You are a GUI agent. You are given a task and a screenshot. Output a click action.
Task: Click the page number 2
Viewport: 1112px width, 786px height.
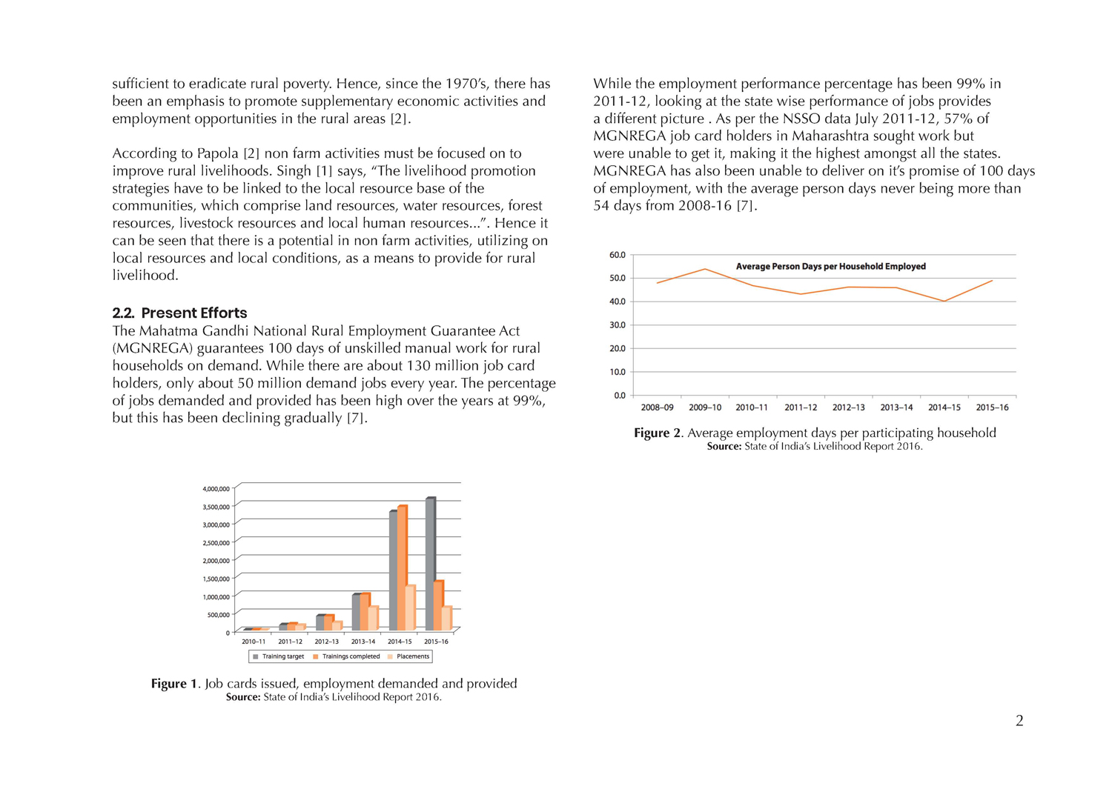point(1019,721)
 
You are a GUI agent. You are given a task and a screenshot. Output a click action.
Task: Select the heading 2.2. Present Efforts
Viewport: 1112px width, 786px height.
point(179,313)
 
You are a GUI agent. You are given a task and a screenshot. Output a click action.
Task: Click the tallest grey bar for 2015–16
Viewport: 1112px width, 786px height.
point(430,563)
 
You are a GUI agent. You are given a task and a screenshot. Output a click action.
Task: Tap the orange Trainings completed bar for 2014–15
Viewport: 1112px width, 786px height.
point(402,567)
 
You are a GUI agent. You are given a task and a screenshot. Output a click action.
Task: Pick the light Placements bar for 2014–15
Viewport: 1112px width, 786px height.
point(410,607)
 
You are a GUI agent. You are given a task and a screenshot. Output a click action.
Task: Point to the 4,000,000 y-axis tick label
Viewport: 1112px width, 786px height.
point(216,489)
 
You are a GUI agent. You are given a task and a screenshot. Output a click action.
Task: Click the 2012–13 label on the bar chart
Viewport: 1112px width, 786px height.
point(326,642)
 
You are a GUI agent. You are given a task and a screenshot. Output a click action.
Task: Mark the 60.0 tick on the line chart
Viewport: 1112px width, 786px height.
point(618,255)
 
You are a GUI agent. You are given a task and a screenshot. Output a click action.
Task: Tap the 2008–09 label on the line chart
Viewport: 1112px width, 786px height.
point(657,407)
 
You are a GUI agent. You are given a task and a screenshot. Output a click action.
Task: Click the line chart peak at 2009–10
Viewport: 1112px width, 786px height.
point(705,269)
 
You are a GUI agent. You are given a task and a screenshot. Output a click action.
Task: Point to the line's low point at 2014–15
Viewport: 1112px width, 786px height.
point(944,302)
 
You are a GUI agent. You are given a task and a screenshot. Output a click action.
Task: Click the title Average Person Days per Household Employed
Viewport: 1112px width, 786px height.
point(830,267)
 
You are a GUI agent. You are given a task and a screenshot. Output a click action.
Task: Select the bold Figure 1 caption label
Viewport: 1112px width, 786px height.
point(175,684)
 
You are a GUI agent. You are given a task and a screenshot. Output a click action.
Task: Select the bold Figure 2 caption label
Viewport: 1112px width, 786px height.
point(658,433)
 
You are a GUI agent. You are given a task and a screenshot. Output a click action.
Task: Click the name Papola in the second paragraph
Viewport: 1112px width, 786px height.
point(217,153)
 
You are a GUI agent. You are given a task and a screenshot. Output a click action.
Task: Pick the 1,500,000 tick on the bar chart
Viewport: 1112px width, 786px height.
point(216,579)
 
